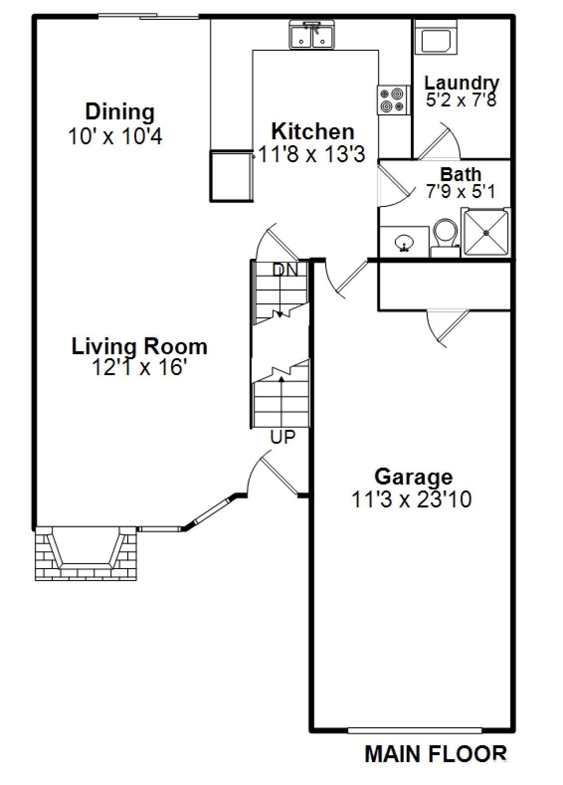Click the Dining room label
tap(120, 111)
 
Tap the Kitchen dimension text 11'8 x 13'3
tap(312, 155)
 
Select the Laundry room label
tap(462, 83)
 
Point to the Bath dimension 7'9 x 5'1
tap(461, 192)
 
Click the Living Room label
tap(139, 346)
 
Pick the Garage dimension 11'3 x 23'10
tap(411, 499)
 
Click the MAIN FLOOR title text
tap(436, 754)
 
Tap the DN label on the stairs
tap(285, 270)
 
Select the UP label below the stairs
tap(282, 437)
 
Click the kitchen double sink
tap(312, 36)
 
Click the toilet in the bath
tap(446, 236)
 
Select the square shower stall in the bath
tap(486, 233)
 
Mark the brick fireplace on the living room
tap(86, 553)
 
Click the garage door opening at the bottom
tap(414, 731)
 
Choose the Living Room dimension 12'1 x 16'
tap(139, 368)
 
